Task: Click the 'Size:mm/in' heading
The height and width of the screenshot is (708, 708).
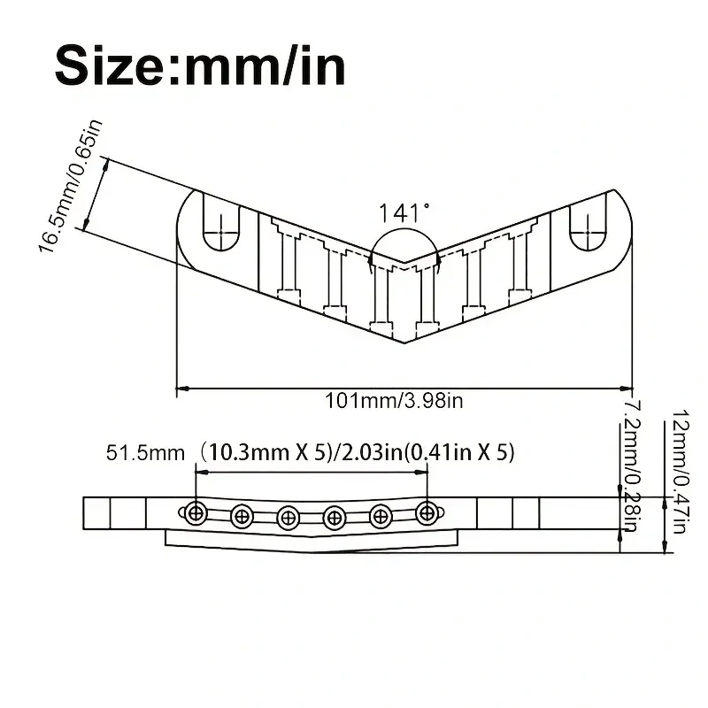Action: tap(200, 65)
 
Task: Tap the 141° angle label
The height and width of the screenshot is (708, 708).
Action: tap(404, 212)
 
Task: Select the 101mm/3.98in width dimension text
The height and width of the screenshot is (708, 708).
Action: tap(394, 401)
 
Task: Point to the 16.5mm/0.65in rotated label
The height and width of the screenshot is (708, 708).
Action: tap(71, 187)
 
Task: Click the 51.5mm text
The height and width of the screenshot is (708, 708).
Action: tap(145, 453)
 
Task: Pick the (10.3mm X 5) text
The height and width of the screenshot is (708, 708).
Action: tap(263, 452)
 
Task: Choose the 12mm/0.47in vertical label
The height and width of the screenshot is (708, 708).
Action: tap(679, 472)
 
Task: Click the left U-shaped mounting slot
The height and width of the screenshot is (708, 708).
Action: tap(221, 223)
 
